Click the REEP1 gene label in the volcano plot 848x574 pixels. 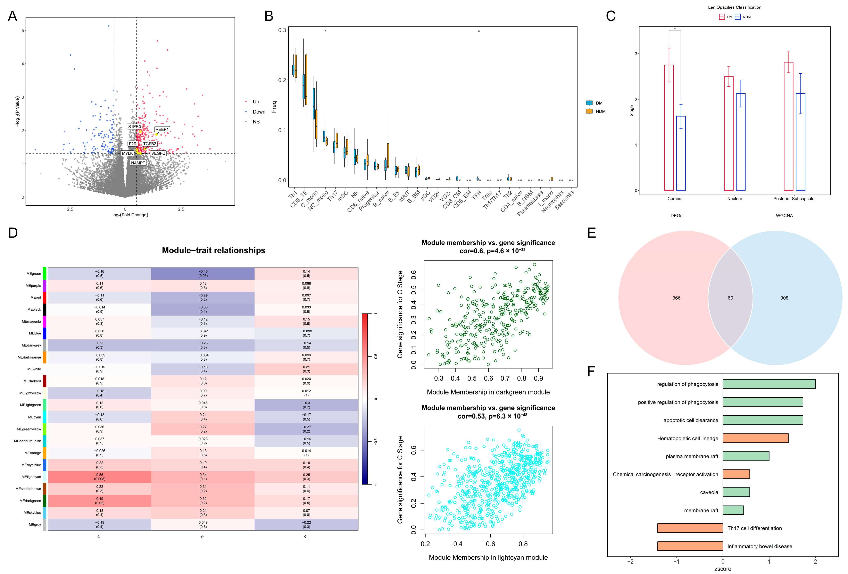[162, 130]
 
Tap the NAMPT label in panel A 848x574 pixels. [138, 163]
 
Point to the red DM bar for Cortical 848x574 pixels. [669, 128]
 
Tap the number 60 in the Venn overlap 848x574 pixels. [730, 298]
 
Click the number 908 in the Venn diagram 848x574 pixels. [784, 298]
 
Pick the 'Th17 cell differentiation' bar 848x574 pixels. [690, 528]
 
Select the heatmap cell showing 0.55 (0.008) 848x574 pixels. [100, 477]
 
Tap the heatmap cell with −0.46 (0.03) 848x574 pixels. [203, 274]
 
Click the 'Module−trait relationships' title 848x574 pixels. [214, 250]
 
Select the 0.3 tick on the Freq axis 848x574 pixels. [282, 30]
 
